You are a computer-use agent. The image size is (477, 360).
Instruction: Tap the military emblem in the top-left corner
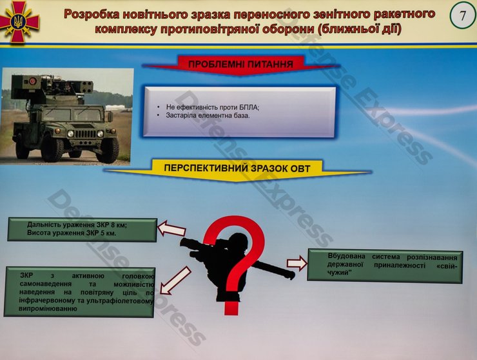[19, 20]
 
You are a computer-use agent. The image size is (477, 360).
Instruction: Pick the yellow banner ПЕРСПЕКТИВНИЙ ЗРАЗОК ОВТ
[237, 168]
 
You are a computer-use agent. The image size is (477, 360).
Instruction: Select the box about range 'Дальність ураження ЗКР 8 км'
[82, 229]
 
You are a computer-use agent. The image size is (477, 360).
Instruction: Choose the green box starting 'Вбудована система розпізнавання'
[384, 265]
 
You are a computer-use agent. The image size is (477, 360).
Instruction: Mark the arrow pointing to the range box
[172, 228]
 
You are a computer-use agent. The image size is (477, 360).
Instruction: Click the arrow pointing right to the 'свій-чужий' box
[297, 263]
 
